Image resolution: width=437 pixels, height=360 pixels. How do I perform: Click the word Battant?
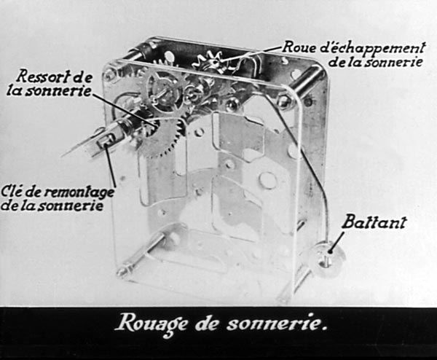click(x=374, y=222)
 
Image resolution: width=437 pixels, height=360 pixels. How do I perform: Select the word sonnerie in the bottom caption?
click(x=273, y=323)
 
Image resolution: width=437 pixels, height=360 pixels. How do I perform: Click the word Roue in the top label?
click(x=299, y=47)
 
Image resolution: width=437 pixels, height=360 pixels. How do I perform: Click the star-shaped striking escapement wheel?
click(x=212, y=63)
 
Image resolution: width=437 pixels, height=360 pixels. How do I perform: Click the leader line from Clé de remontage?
click(x=111, y=165)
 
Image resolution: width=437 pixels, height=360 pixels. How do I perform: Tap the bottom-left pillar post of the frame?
click(x=140, y=254)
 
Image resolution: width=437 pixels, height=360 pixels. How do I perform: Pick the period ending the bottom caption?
click(x=324, y=329)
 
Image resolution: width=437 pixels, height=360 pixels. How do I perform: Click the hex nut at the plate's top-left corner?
click(x=109, y=75)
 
